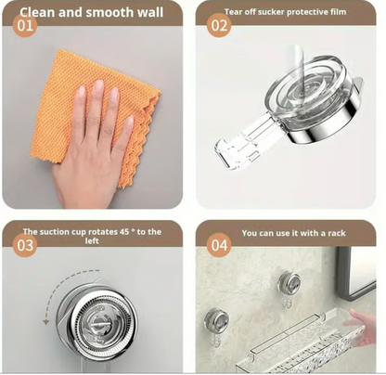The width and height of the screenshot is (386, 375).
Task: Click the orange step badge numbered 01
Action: [25, 25]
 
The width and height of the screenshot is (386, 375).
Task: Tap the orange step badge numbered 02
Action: [219, 25]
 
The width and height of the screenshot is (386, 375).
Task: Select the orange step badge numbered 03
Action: [25, 245]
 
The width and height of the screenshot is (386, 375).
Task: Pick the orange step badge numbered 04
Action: [219, 245]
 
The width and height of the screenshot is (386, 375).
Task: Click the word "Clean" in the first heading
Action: [37, 12]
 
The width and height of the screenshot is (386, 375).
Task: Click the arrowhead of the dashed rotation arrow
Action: [45, 322]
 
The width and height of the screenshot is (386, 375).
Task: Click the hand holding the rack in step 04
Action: [360, 327]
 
